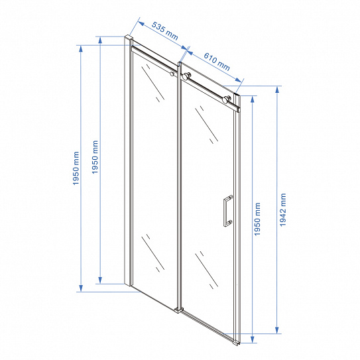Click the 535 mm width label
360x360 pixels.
tap(164, 31)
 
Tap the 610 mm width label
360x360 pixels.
tap(217, 62)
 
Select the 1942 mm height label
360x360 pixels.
tap(283, 210)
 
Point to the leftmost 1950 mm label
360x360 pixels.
tap(76, 168)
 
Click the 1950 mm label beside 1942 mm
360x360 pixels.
tap(257, 219)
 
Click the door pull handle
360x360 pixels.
tap(227, 211)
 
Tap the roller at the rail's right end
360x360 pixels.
tap(227, 100)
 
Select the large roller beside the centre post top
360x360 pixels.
tap(186, 76)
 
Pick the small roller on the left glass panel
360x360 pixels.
tap(172, 74)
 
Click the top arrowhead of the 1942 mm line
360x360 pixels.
tap(277, 90)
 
